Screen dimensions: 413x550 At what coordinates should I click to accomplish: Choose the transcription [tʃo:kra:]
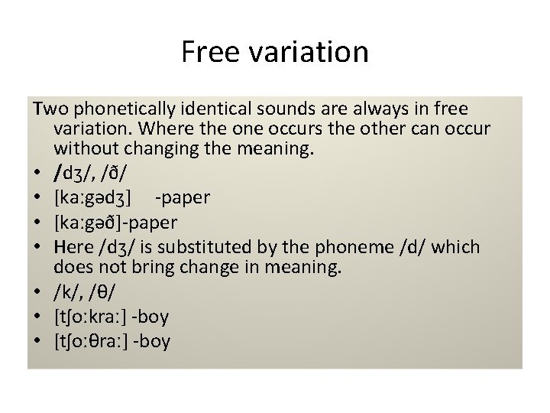click(x=92, y=317)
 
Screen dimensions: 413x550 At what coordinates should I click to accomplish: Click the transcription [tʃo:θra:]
click(x=92, y=340)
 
